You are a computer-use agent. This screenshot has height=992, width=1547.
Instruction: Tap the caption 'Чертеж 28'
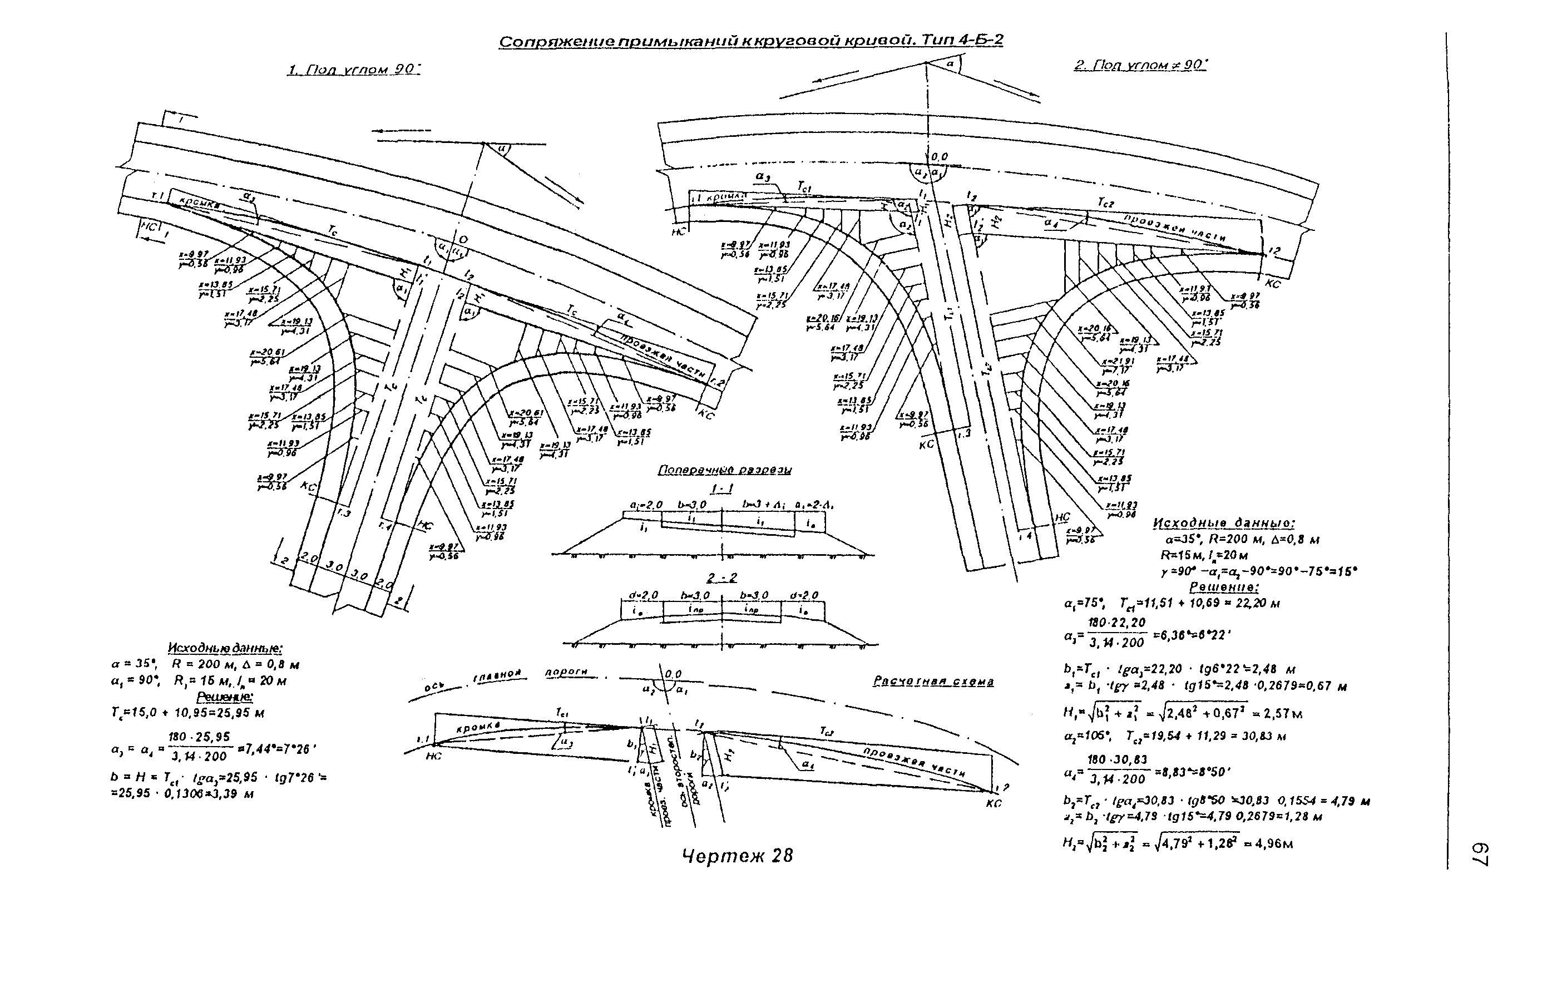pos(738,856)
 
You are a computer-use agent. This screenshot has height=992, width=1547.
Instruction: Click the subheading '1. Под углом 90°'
pos(354,70)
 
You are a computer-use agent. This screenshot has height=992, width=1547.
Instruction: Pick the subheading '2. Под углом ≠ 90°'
pos(1140,65)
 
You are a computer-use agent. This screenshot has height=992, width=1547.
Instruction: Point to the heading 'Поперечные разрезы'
pos(725,470)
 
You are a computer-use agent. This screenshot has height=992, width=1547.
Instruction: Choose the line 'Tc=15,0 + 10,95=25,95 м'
pos(187,713)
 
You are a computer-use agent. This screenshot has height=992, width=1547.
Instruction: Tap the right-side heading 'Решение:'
pos(1224,587)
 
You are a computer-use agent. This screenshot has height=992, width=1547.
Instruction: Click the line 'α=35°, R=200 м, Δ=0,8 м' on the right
pos(1237,539)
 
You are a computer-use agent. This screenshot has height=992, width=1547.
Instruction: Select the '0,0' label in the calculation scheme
pos(673,674)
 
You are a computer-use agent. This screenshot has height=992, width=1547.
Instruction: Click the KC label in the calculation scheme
pos(993,804)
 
